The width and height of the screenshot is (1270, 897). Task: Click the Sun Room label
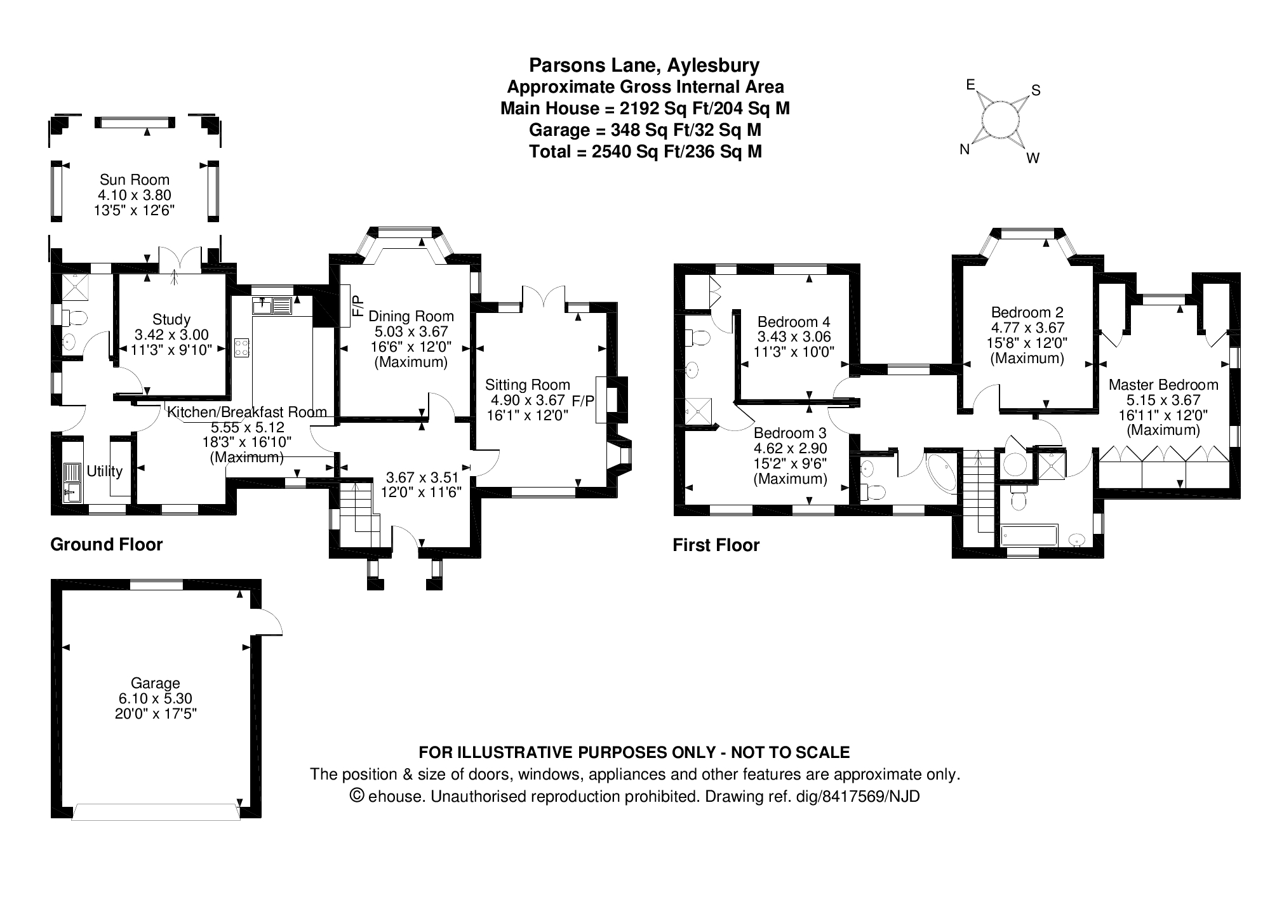pyautogui.click(x=134, y=180)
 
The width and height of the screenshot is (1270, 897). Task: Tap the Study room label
pyautogui.click(x=171, y=319)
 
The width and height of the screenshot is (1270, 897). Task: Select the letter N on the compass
pyautogui.click(x=964, y=150)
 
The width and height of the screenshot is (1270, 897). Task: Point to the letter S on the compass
pyautogui.click(x=1036, y=91)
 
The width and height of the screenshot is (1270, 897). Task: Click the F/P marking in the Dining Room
pyautogui.click(x=358, y=305)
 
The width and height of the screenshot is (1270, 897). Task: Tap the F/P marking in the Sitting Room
pyautogui.click(x=583, y=401)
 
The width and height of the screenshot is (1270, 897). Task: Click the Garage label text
pyautogui.click(x=155, y=683)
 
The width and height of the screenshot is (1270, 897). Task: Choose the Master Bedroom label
pyautogui.click(x=1163, y=385)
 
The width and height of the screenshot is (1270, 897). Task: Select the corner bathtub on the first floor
pyautogui.click(x=942, y=472)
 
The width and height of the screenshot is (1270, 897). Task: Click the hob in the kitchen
pyautogui.click(x=242, y=347)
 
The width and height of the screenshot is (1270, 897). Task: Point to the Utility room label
pyautogui.click(x=104, y=471)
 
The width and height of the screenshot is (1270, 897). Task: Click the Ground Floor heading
pyautogui.click(x=106, y=545)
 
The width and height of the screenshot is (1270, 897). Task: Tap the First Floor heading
pyautogui.click(x=716, y=545)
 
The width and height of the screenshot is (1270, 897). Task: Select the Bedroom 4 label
pyautogui.click(x=793, y=321)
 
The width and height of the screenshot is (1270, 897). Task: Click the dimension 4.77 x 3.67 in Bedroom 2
pyautogui.click(x=1027, y=328)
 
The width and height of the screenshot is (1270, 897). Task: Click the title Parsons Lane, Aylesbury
pyautogui.click(x=644, y=65)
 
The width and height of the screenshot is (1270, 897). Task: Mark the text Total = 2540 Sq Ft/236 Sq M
pyautogui.click(x=645, y=152)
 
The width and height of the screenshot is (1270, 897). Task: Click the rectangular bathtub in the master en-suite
pyautogui.click(x=1029, y=535)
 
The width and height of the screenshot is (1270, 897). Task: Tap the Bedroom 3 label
pyautogui.click(x=790, y=433)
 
